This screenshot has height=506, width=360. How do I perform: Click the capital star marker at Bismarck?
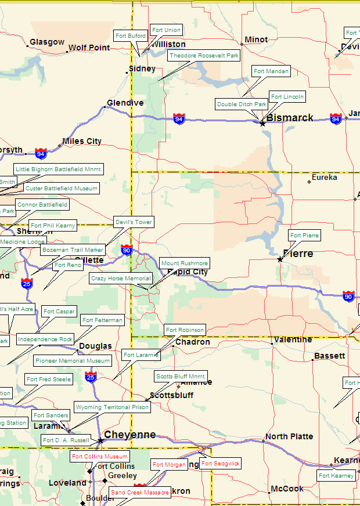point(262,123)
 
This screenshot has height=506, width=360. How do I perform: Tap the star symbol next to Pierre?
point(280,259)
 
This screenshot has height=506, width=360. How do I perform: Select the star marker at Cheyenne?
point(100,440)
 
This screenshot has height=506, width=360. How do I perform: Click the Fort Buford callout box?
point(131,36)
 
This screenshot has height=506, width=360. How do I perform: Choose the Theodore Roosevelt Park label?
point(204,56)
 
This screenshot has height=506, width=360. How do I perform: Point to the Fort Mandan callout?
point(271,71)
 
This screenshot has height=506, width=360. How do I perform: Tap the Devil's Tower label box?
point(134,222)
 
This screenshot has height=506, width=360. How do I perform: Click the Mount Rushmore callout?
point(184,263)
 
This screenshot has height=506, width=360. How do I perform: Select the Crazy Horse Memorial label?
point(121,279)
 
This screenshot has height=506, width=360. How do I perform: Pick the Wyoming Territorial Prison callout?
point(112,407)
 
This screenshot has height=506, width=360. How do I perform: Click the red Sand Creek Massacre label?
point(140,493)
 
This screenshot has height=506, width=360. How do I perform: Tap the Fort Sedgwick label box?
point(220,464)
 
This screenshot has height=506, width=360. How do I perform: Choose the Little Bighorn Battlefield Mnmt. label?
point(59,169)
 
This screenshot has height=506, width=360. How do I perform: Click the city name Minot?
point(256,39)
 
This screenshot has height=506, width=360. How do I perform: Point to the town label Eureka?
point(324,178)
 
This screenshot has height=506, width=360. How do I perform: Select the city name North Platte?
point(289,436)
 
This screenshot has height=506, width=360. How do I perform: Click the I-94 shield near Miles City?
point(41,153)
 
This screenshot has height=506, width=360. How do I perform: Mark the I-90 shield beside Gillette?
point(127,250)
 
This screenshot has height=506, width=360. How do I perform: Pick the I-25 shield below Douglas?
point(91,377)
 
